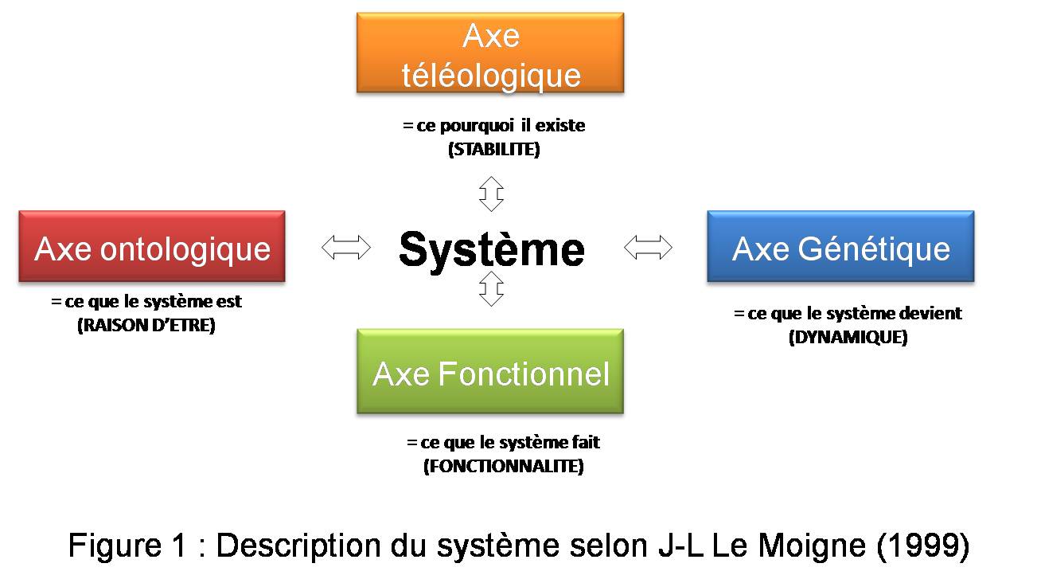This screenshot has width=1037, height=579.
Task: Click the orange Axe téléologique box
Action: [489, 53]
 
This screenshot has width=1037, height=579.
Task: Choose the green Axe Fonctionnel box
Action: [490, 371]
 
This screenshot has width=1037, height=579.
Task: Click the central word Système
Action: [491, 248]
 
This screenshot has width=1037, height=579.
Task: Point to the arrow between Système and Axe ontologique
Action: [346, 248]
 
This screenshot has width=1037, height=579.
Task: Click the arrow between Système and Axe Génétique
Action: [648, 248]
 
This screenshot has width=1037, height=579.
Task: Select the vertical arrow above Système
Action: [492, 194]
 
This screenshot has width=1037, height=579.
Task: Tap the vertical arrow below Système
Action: [492, 289]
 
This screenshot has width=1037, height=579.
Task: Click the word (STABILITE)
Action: [494, 149]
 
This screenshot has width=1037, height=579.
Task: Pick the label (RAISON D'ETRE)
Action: [146, 325]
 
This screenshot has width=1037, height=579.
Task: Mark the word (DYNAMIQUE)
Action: [848, 337]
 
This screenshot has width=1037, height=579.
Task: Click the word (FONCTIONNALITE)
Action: [503, 466]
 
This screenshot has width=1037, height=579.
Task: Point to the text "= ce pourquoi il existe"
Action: [494, 126]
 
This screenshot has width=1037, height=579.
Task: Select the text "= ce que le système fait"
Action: [503, 442]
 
